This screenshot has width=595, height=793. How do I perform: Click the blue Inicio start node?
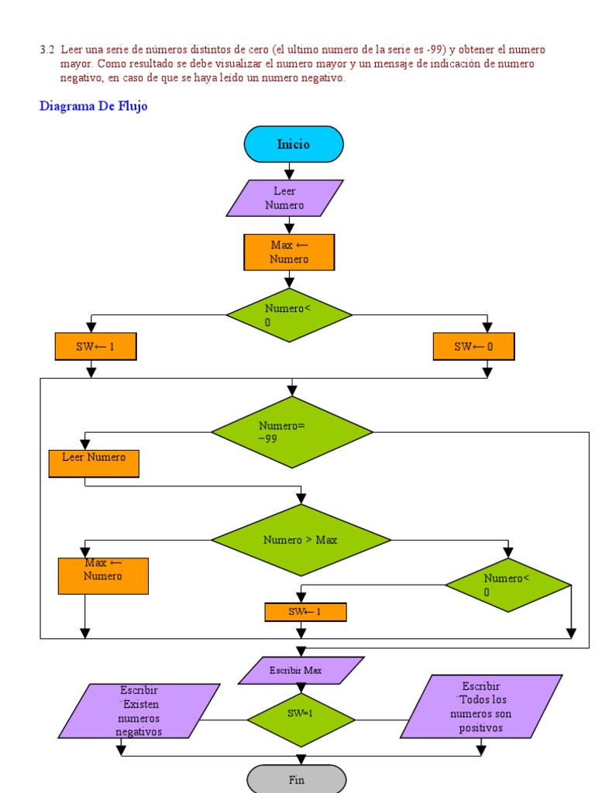(293, 144)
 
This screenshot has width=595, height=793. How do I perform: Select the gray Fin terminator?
(297, 779)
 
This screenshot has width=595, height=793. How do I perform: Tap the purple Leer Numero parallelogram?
(284, 198)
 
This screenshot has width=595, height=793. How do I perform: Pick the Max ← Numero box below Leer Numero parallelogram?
(289, 252)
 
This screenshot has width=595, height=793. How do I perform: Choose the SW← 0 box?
(473, 347)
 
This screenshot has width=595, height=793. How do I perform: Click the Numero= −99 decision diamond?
(292, 432)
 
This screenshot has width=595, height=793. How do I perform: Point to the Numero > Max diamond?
(301, 540)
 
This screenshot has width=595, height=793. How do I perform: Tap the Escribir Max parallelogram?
(301, 671)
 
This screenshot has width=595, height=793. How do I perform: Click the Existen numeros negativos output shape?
(139, 711)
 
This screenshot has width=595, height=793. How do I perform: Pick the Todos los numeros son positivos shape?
(481, 706)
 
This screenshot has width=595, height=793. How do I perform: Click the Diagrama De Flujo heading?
(93, 107)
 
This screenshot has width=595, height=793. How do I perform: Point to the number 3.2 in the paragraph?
(47, 50)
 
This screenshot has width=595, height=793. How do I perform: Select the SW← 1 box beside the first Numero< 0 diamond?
(95, 347)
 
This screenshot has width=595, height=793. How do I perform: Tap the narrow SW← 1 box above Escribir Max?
(305, 612)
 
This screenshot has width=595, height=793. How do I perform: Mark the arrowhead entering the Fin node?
(301, 760)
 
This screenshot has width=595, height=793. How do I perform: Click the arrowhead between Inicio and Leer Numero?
(289, 174)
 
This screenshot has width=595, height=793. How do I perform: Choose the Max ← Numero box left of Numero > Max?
(103, 576)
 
